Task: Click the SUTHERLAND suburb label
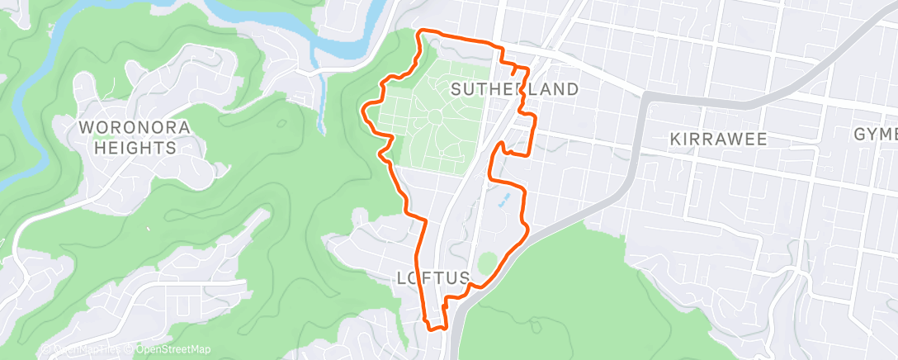click(x=513, y=88)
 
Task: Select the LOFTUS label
click(x=433, y=280)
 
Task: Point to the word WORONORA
click(x=135, y=128)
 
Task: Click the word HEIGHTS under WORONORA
click(x=135, y=148)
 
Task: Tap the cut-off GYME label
click(x=876, y=134)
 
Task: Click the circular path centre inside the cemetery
click(x=435, y=121)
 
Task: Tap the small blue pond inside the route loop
click(x=503, y=201)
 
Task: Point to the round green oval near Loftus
click(x=488, y=263)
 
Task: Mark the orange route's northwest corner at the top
click(x=420, y=32)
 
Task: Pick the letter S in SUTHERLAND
click(x=456, y=88)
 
